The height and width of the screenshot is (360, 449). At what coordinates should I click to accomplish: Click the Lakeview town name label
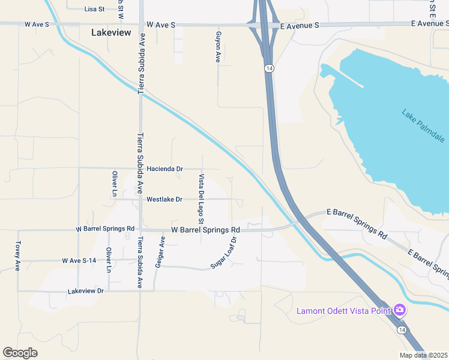[111, 33]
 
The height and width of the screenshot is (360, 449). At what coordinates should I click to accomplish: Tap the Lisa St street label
[95, 9]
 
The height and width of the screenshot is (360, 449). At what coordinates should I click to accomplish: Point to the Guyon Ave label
[219, 47]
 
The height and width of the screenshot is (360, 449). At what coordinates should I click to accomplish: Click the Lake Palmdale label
[423, 126]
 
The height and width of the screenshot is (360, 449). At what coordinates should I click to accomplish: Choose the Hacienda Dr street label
[164, 169]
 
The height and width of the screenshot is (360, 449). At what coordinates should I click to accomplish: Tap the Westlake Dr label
[164, 199]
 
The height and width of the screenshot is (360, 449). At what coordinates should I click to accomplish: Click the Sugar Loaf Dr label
[224, 253]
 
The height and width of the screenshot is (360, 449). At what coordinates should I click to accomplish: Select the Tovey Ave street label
[17, 257]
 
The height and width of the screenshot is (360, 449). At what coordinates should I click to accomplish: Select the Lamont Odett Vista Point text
[344, 311]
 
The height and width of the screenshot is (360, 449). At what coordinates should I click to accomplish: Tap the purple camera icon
[400, 310]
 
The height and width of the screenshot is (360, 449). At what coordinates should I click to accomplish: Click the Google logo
[20, 353]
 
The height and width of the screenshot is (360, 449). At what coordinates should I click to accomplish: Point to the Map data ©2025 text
[423, 355]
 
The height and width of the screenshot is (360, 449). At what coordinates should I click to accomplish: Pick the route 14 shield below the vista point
[400, 329]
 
